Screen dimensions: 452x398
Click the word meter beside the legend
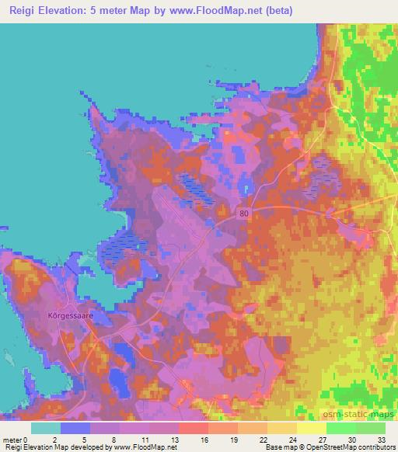(x=13, y=439)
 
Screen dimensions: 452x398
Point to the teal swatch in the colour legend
(x=45, y=428)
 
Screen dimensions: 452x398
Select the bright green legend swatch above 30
(x=340, y=428)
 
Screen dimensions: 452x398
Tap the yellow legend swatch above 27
(x=310, y=428)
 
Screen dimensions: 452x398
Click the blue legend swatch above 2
(x=75, y=428)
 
